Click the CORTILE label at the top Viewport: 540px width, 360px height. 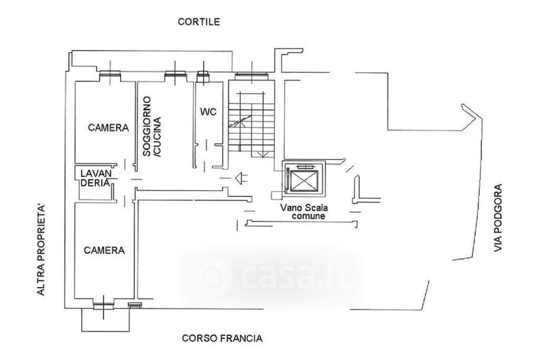click(x=199, y=22)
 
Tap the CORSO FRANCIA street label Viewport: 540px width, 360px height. click(x=222, y=338)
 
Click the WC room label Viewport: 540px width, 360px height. click(x=208, y=112)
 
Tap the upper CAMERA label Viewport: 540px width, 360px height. click(x=107, y=126)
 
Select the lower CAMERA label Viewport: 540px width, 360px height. click(x=104, y=250)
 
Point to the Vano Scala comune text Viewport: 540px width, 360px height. click(x=304, y=212)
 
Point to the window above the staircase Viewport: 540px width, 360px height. click(x=252, y=72)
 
